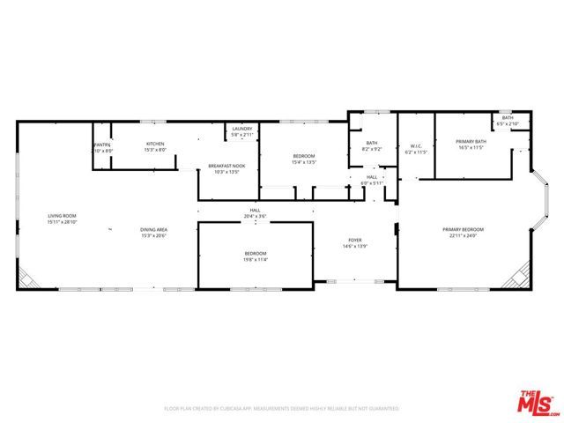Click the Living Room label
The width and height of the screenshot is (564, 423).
pos(62,216)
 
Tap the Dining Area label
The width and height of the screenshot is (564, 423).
pos(154,230)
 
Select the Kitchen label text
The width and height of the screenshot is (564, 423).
pos(155,144)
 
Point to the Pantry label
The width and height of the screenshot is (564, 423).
pos(103,145)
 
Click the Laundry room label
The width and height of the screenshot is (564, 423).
pos(241,130)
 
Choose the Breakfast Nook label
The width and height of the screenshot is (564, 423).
pos(226,166)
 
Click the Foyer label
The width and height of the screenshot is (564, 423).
pos(354,240)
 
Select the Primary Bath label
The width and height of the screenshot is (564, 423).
pos(471,142)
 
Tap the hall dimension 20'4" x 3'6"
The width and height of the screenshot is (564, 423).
pos(255,214)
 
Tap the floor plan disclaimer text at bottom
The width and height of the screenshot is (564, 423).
pos(282,409)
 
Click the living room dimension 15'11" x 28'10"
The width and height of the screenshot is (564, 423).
pos(62,221)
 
